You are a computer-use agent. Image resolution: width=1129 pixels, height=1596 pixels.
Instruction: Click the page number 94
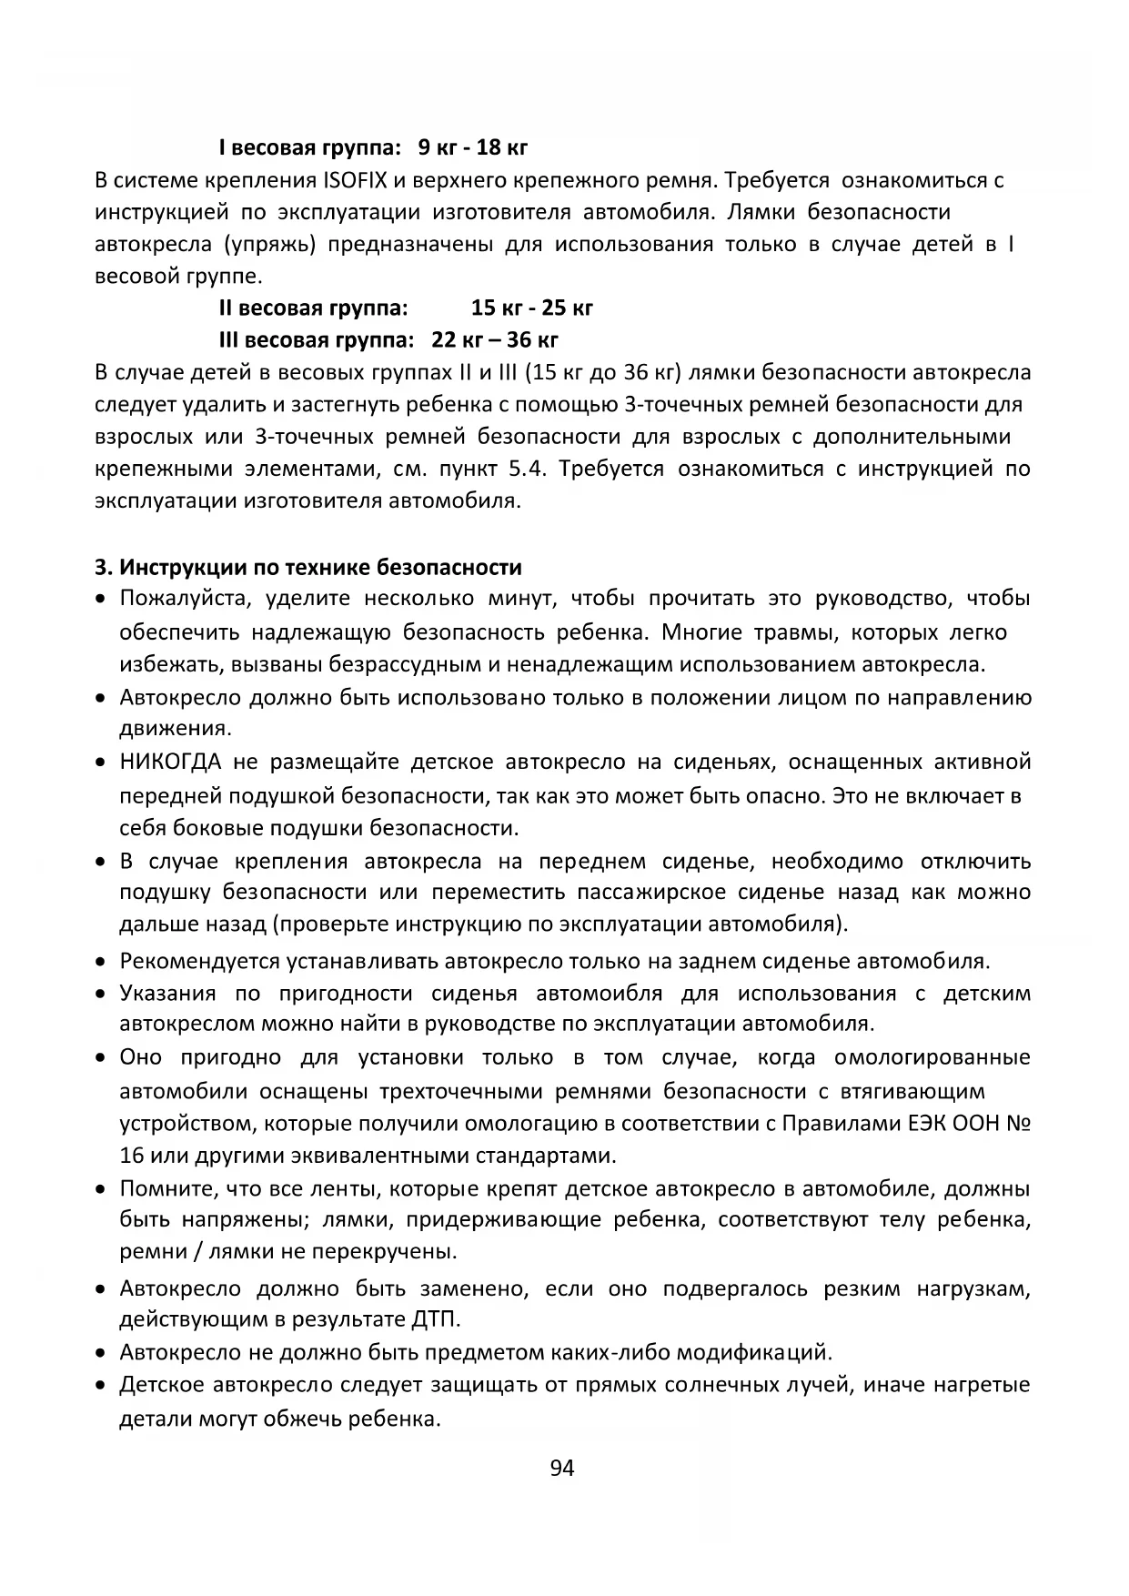[562, 1468]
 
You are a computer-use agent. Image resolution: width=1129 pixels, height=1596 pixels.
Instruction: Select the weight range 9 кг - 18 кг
[473, 147]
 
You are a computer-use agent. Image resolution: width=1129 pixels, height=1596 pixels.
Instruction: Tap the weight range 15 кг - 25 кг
[532, 308]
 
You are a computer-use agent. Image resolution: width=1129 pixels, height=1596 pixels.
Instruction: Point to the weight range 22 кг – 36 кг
[495, 340]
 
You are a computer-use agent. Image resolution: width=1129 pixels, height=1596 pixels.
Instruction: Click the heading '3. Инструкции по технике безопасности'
[308, 568]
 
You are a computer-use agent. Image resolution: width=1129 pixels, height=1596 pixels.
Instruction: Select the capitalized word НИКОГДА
[170, 762]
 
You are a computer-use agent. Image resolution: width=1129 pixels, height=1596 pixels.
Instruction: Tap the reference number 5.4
[528, 470]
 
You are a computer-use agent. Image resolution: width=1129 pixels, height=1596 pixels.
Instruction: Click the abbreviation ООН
[975, 1124]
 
